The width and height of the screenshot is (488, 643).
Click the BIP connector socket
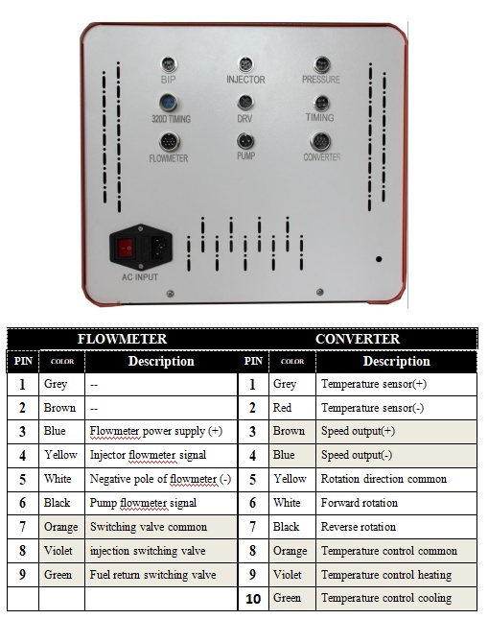[x=168, y=64]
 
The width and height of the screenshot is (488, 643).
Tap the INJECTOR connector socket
[x=245, y=64]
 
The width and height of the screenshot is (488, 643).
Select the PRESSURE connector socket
[x=321, y=64]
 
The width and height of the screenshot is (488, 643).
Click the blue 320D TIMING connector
[x=169, y=103]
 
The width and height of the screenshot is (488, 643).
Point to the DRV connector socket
[x=245, y=102]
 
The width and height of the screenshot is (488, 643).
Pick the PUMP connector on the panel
[x=245, y=141]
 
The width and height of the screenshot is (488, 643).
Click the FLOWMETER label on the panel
[x=169, y=158]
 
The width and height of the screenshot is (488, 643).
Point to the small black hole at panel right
[x=380, y=259]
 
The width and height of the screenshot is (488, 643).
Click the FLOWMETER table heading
[x=122, y=339]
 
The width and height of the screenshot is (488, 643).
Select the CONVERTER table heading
[x=357, y=339]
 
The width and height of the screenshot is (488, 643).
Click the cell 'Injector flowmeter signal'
[x=148, y=455]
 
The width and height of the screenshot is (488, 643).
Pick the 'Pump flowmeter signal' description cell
[x=143, y=503]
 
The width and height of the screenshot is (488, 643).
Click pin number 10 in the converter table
[x=253, y=599]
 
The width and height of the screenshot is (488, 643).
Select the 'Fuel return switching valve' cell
[x=152, y=575]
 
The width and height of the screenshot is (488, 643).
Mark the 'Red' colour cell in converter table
[x=284, y=407]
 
